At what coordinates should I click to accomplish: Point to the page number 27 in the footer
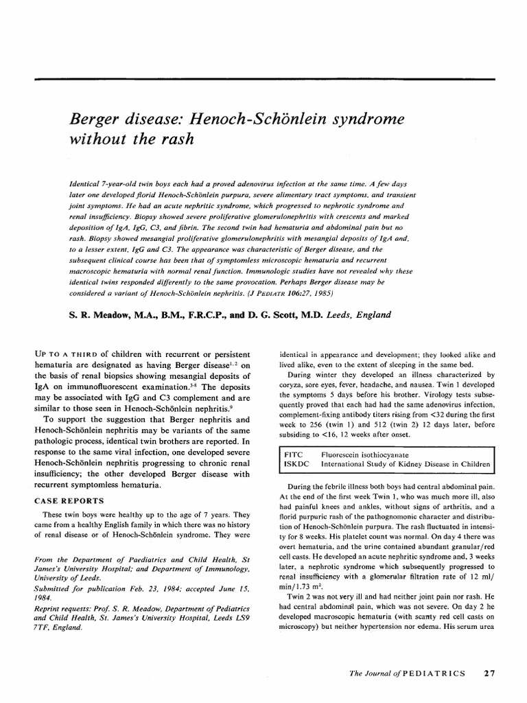489,673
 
